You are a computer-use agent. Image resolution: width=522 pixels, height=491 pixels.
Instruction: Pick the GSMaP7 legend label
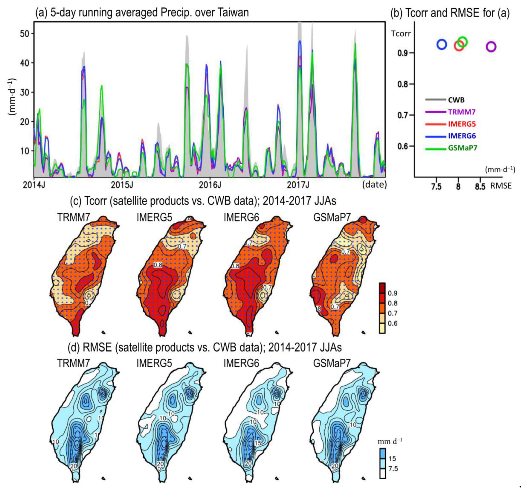462,148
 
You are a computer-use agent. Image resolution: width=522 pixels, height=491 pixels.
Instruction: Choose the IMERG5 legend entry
462,124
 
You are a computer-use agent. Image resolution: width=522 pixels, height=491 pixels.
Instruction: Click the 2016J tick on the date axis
210,185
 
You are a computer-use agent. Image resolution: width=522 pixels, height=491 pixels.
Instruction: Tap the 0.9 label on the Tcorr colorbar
393,293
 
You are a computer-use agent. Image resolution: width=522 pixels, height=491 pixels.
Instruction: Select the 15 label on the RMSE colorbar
392,458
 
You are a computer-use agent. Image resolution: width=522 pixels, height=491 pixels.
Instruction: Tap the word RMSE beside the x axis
501,186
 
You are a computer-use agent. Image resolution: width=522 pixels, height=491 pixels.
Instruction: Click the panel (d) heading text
204,347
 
